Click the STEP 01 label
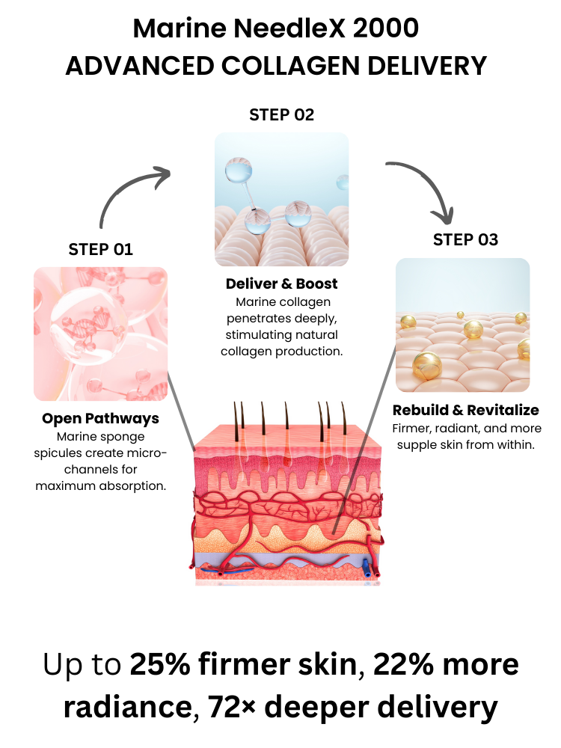click(x=101, y=249)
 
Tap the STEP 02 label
click(x=281, y=114)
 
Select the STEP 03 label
click(x=465, y=239)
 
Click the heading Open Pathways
click(x=101, y=418)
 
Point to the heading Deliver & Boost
click(x=281, y=283)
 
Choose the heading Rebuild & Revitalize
click(x=465, y=410)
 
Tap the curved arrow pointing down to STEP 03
click(x=425, y=186)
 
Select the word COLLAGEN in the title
click(x=290, y=65)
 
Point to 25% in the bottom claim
click(x=160, y=664)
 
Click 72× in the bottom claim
click(x=231, y=707)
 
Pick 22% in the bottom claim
click(x=404, y=664)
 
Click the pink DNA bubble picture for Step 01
click(x=101, y=334)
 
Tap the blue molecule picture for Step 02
click(x=281, y=200)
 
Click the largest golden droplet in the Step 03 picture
click(x=427, y=365)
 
